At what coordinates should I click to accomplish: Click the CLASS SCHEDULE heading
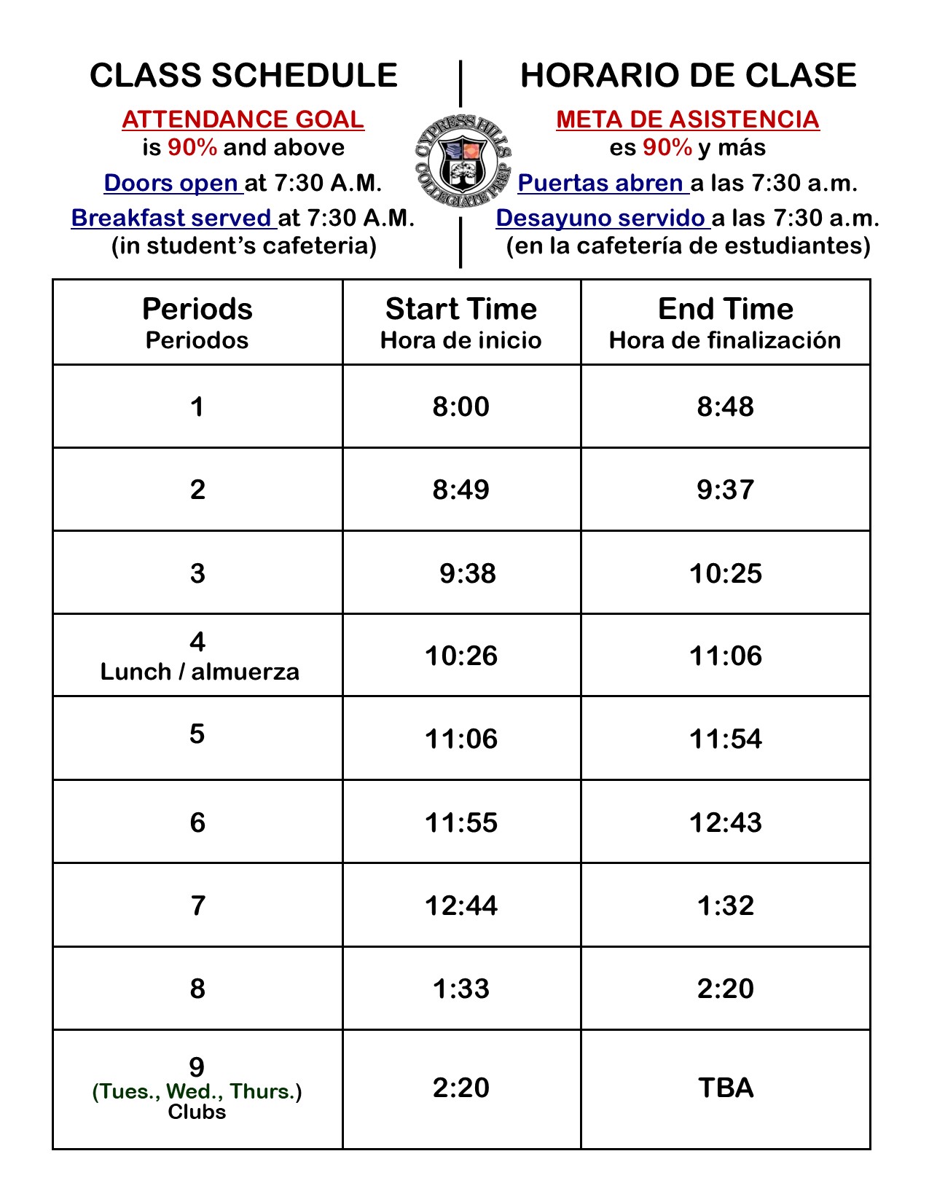tap(243, 76)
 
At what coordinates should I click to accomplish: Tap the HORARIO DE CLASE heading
tap(688, 76)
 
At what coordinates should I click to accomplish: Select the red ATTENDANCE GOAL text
tap(243, 119)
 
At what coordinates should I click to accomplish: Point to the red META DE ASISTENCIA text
tap(688, 119)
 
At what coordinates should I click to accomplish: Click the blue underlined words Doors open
tap(173, 183)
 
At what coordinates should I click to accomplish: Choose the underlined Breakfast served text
tap(173, 218)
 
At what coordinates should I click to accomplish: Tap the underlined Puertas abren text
tap(602, 183)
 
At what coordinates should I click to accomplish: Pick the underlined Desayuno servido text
tap(602, 218)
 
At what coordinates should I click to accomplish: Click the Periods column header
tap(197, 310)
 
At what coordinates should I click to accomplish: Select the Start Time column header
tap(461, 310)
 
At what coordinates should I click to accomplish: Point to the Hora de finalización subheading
tap(725, 340)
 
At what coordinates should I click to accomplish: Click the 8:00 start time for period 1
tap(461, 406)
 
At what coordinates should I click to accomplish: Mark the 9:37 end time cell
tap(725, 490)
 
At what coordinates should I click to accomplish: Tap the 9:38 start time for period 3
tap(468, 573)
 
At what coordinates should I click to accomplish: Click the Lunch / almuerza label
tap(200, 672)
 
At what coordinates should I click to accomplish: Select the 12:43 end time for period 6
tap(726, 822)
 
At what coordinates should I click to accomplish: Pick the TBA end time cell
tap(726, 1088)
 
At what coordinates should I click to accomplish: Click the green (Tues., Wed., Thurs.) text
tap(197, 1091)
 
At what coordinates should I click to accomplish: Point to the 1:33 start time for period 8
tap(461, 989)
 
